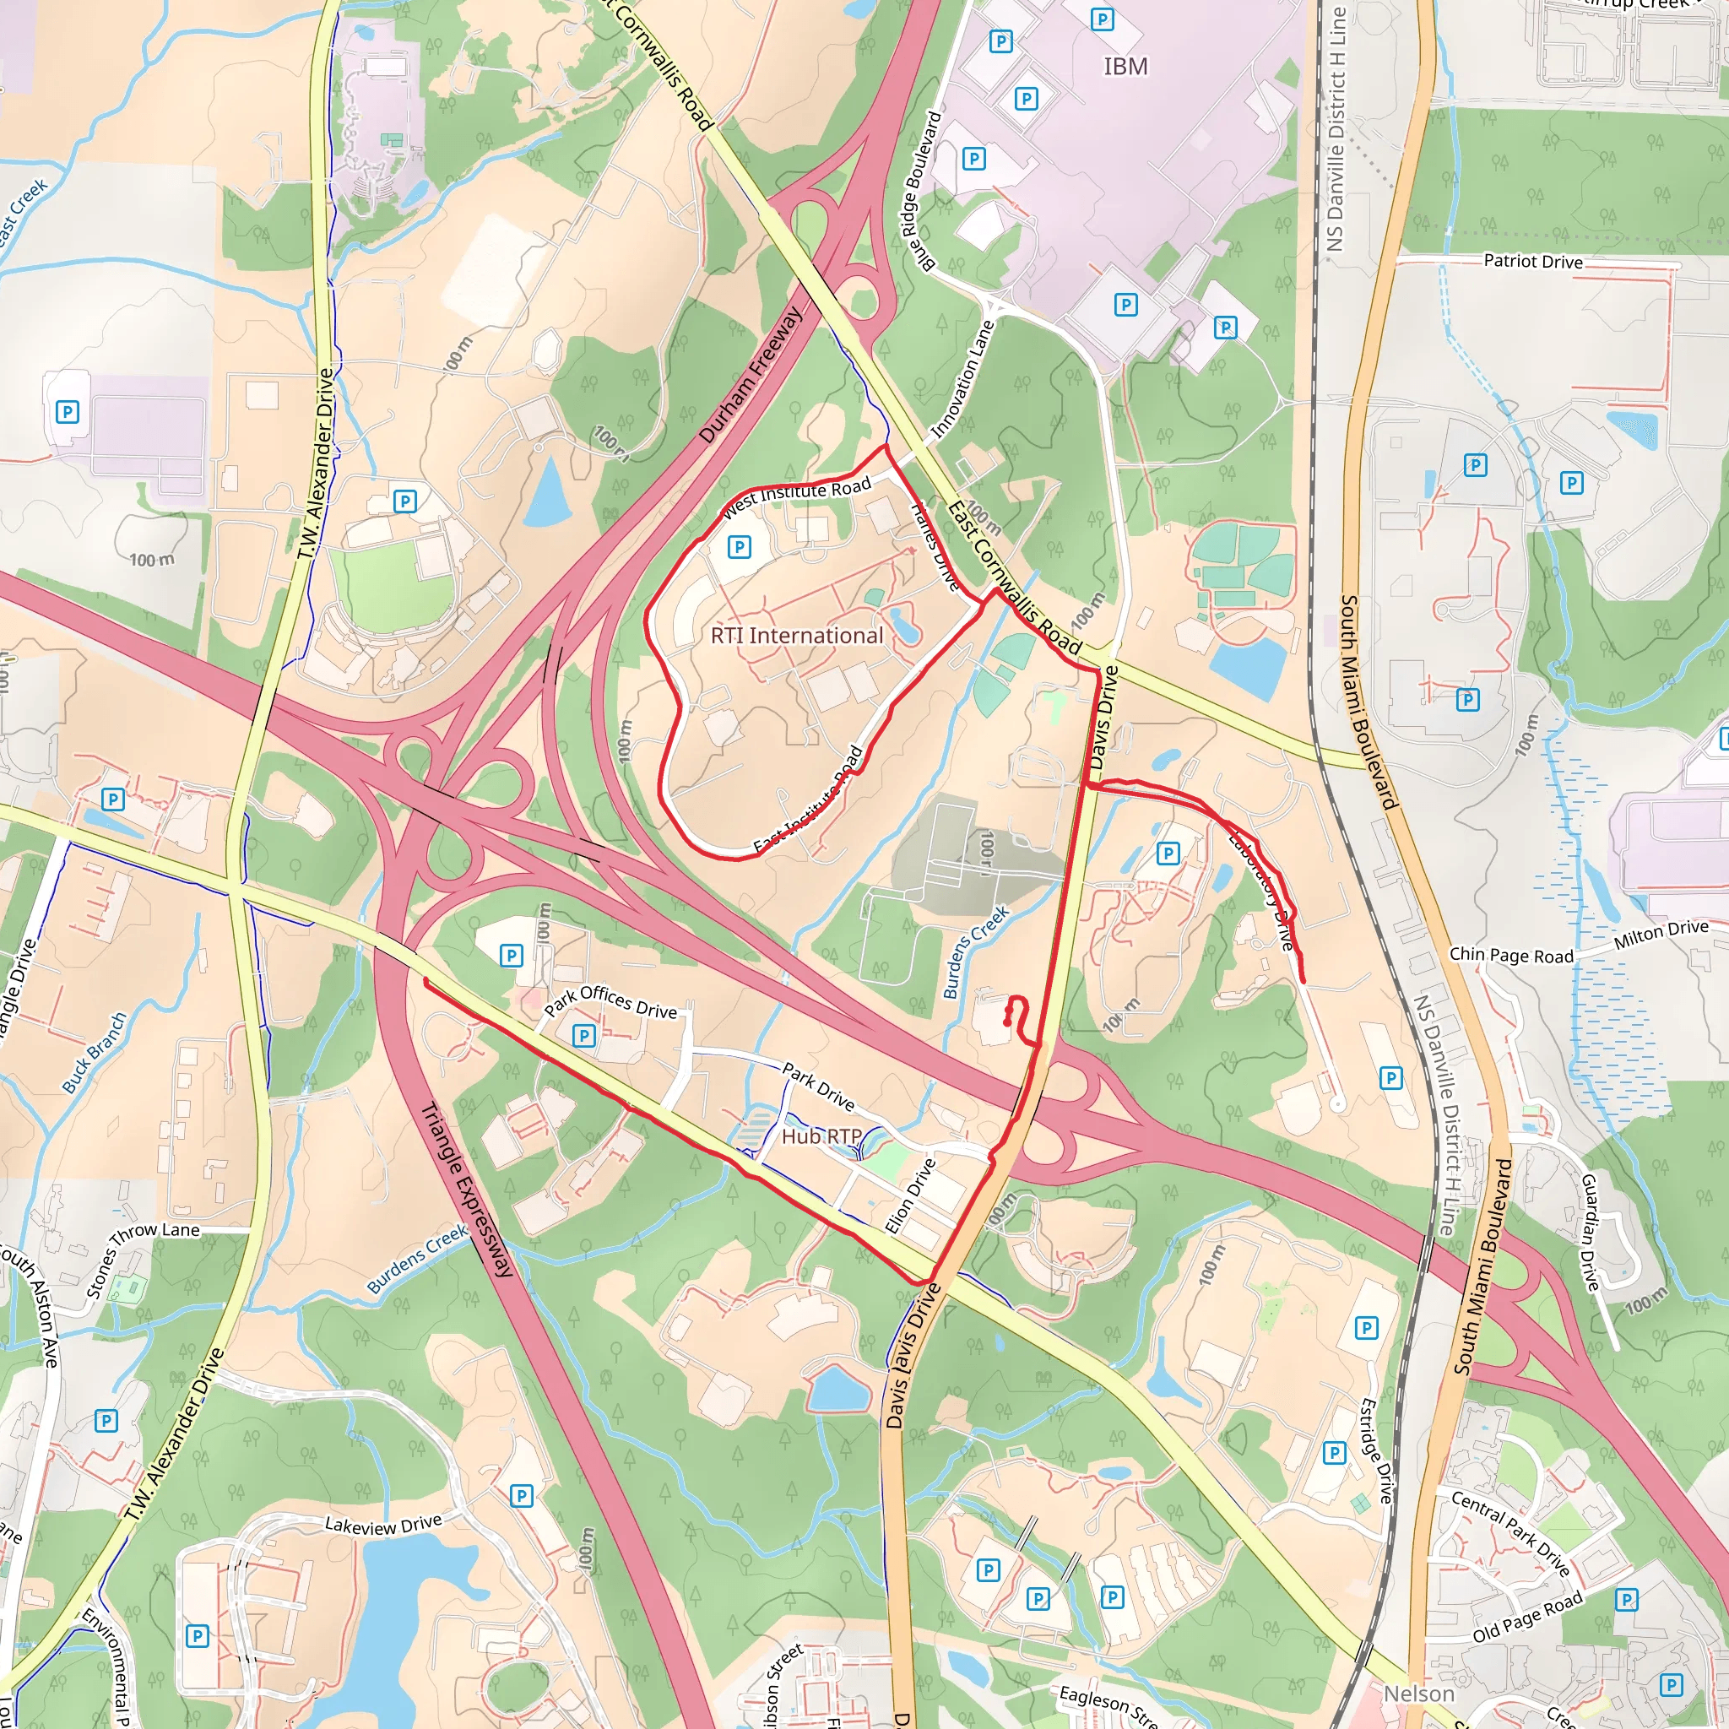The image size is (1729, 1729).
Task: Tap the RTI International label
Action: [x=796, y=636]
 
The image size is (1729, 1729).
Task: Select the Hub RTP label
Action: [x=821, y=1136]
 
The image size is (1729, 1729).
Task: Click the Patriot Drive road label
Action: [x=1532, y=262]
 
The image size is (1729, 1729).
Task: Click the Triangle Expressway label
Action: [x=466, y=1190]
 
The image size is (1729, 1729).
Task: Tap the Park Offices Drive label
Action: [x=610, y=1001]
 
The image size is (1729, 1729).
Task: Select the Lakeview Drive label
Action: [x=383, y=1524]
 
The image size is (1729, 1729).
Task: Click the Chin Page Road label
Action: [x=1510, y=955]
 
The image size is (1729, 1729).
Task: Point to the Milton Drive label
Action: [x=1660, y=935]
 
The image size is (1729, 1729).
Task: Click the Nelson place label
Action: [x=1418, y=1694]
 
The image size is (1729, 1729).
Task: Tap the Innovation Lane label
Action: [x=963, y=379]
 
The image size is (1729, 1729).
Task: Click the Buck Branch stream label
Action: [x=95, y=1053]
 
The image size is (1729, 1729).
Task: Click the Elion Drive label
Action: [x=910, y=1195]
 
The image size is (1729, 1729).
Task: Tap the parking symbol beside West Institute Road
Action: [x=739, y=547]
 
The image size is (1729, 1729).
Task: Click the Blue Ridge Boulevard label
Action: [x=923, y=190]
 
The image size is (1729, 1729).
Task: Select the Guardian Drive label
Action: [x=1590, y=1233]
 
